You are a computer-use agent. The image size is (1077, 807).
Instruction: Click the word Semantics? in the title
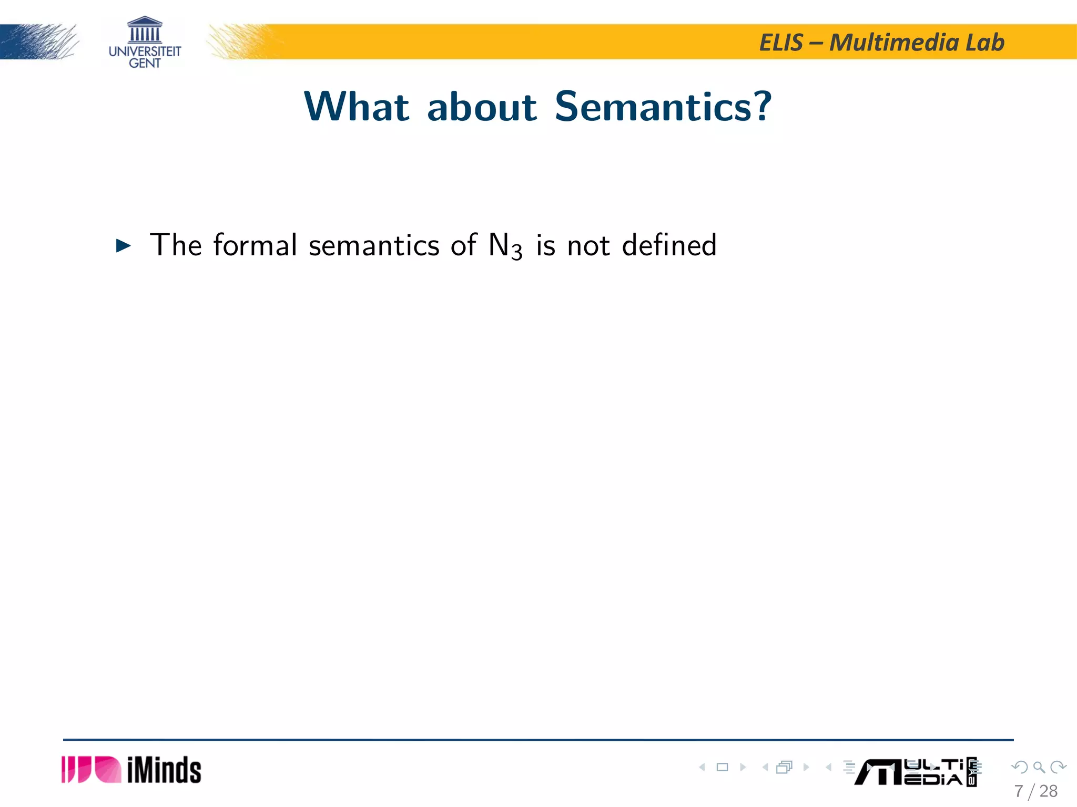(663, 107)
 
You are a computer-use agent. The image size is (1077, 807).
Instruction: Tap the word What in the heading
(357, 107)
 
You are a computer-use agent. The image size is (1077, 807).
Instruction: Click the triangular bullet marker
(123, 245)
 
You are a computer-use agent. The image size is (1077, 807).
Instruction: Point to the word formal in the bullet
(255, 245)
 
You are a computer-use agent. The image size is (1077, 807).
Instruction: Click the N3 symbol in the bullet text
(505, 246)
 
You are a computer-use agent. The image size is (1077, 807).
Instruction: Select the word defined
(669, 245)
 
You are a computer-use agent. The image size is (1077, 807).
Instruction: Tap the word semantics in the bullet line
(373, 246)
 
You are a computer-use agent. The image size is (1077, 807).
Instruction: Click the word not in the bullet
(588, 246)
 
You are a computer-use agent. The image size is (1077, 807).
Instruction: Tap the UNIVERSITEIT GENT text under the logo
(145, 57)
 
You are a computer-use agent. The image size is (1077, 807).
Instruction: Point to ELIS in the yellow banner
(781, 43)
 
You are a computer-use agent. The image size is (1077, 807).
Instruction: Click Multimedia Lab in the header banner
(917, 43)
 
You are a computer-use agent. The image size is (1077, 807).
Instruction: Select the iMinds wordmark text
(164, 770)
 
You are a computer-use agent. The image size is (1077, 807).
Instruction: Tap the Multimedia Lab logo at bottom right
(915, 772)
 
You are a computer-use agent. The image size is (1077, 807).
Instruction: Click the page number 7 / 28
(1035, 791)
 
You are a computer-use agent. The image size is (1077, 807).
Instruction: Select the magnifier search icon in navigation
(1039, 767)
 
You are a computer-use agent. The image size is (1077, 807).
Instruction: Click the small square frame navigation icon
(723, 767)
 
